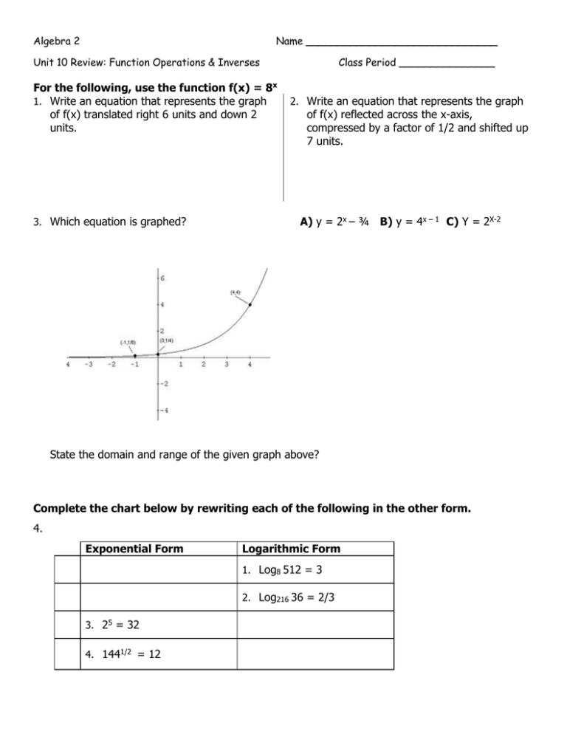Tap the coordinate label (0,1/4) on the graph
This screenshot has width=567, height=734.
167,340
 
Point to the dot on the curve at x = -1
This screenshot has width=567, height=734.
134,355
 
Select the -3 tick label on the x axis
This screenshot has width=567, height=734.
88,364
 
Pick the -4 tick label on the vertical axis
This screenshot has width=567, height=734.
165,411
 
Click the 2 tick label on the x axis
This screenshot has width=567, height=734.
205,364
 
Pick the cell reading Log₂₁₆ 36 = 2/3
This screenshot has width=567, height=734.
286,599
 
